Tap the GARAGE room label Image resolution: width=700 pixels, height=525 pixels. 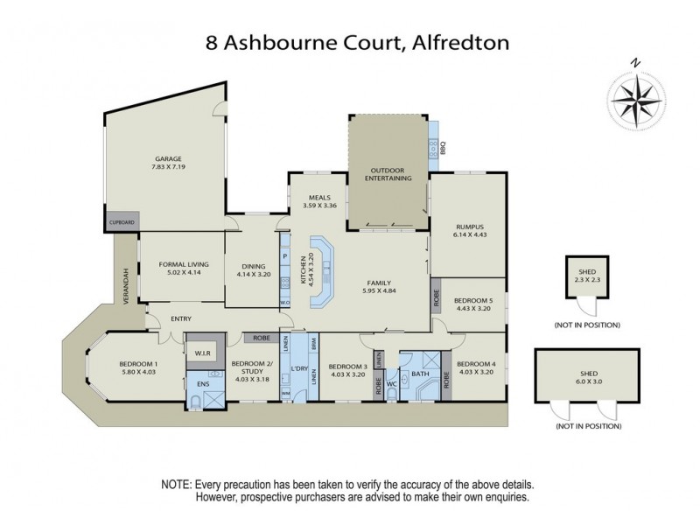pyautogui.click(x=169, y=158)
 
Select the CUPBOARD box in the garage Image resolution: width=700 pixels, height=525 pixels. pyautogui.click(x=122, y=223)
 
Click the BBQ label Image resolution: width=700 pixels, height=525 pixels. pyautogui.click(x=443, y=148)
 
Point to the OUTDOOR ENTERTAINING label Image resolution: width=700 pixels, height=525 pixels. pyautogui.click(x=389, y=173)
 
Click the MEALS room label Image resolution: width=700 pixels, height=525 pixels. pyautogui.click(x=313, y=198)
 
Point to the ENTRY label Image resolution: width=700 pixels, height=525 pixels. pyautogui.click(x=181, y=318)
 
